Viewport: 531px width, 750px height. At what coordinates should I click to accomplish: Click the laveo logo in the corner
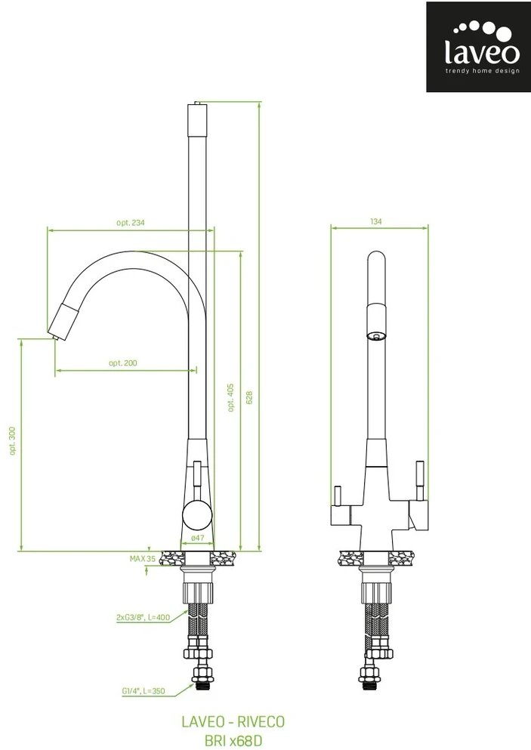point(478,47)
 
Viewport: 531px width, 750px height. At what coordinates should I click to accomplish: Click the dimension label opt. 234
point(130,222)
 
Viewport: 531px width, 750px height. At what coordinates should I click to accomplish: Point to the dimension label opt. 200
point(123,363)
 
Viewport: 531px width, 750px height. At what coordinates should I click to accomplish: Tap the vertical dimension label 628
point(249,397)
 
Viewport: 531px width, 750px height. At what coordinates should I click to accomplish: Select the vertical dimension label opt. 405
point(231,397)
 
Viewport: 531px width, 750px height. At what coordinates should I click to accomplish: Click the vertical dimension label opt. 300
point(12,440)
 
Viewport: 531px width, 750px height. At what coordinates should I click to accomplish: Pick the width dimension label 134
point(376,221)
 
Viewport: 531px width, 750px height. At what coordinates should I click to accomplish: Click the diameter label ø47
point(197,538)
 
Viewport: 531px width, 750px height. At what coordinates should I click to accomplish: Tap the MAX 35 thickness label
point(143,558)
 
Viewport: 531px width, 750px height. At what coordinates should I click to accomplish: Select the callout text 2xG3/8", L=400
point(143,617)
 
